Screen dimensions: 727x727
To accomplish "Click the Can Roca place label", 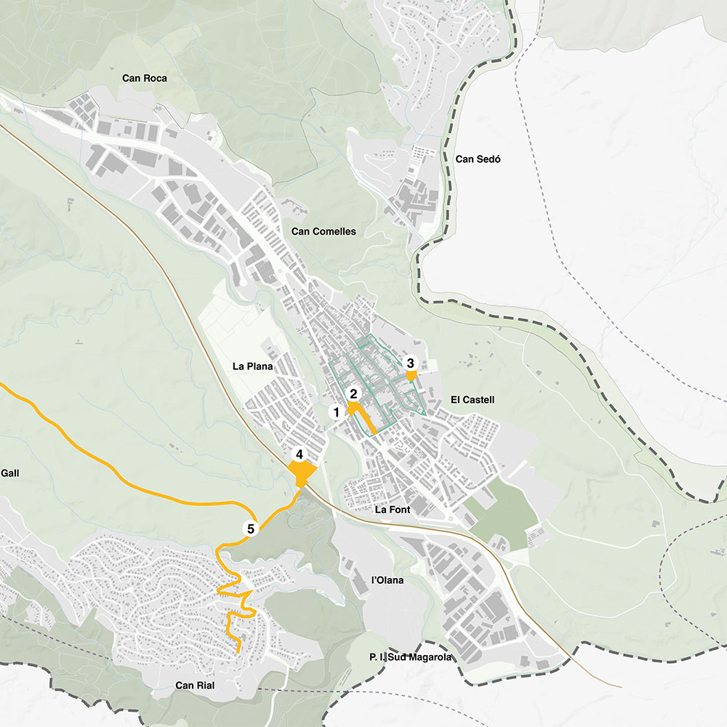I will click(144, 79).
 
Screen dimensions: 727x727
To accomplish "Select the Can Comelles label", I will click(324, 232).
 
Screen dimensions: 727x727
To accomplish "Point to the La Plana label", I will click(253, 367).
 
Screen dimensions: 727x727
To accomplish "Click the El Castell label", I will click(473, 400).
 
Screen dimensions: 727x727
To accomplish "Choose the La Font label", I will click(393, 510).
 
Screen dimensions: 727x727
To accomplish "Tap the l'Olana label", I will click(387, 581).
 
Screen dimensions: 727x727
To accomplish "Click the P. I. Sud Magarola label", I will click(410, 658).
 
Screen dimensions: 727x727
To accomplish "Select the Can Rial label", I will click(194, 686).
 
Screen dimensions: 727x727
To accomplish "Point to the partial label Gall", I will click(9, 473).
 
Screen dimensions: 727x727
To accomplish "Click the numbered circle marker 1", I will click(336, 412).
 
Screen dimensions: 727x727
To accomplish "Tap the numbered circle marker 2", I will click(353, 394).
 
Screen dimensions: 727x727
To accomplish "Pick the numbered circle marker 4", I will click(299, 455).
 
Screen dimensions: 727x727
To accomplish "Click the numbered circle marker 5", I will click(251, 529).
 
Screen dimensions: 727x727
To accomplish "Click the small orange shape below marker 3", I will click(411, 376).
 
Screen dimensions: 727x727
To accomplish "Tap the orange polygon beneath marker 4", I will click(301, 475).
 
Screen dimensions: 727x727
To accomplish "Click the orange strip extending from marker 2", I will click(367, 422).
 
